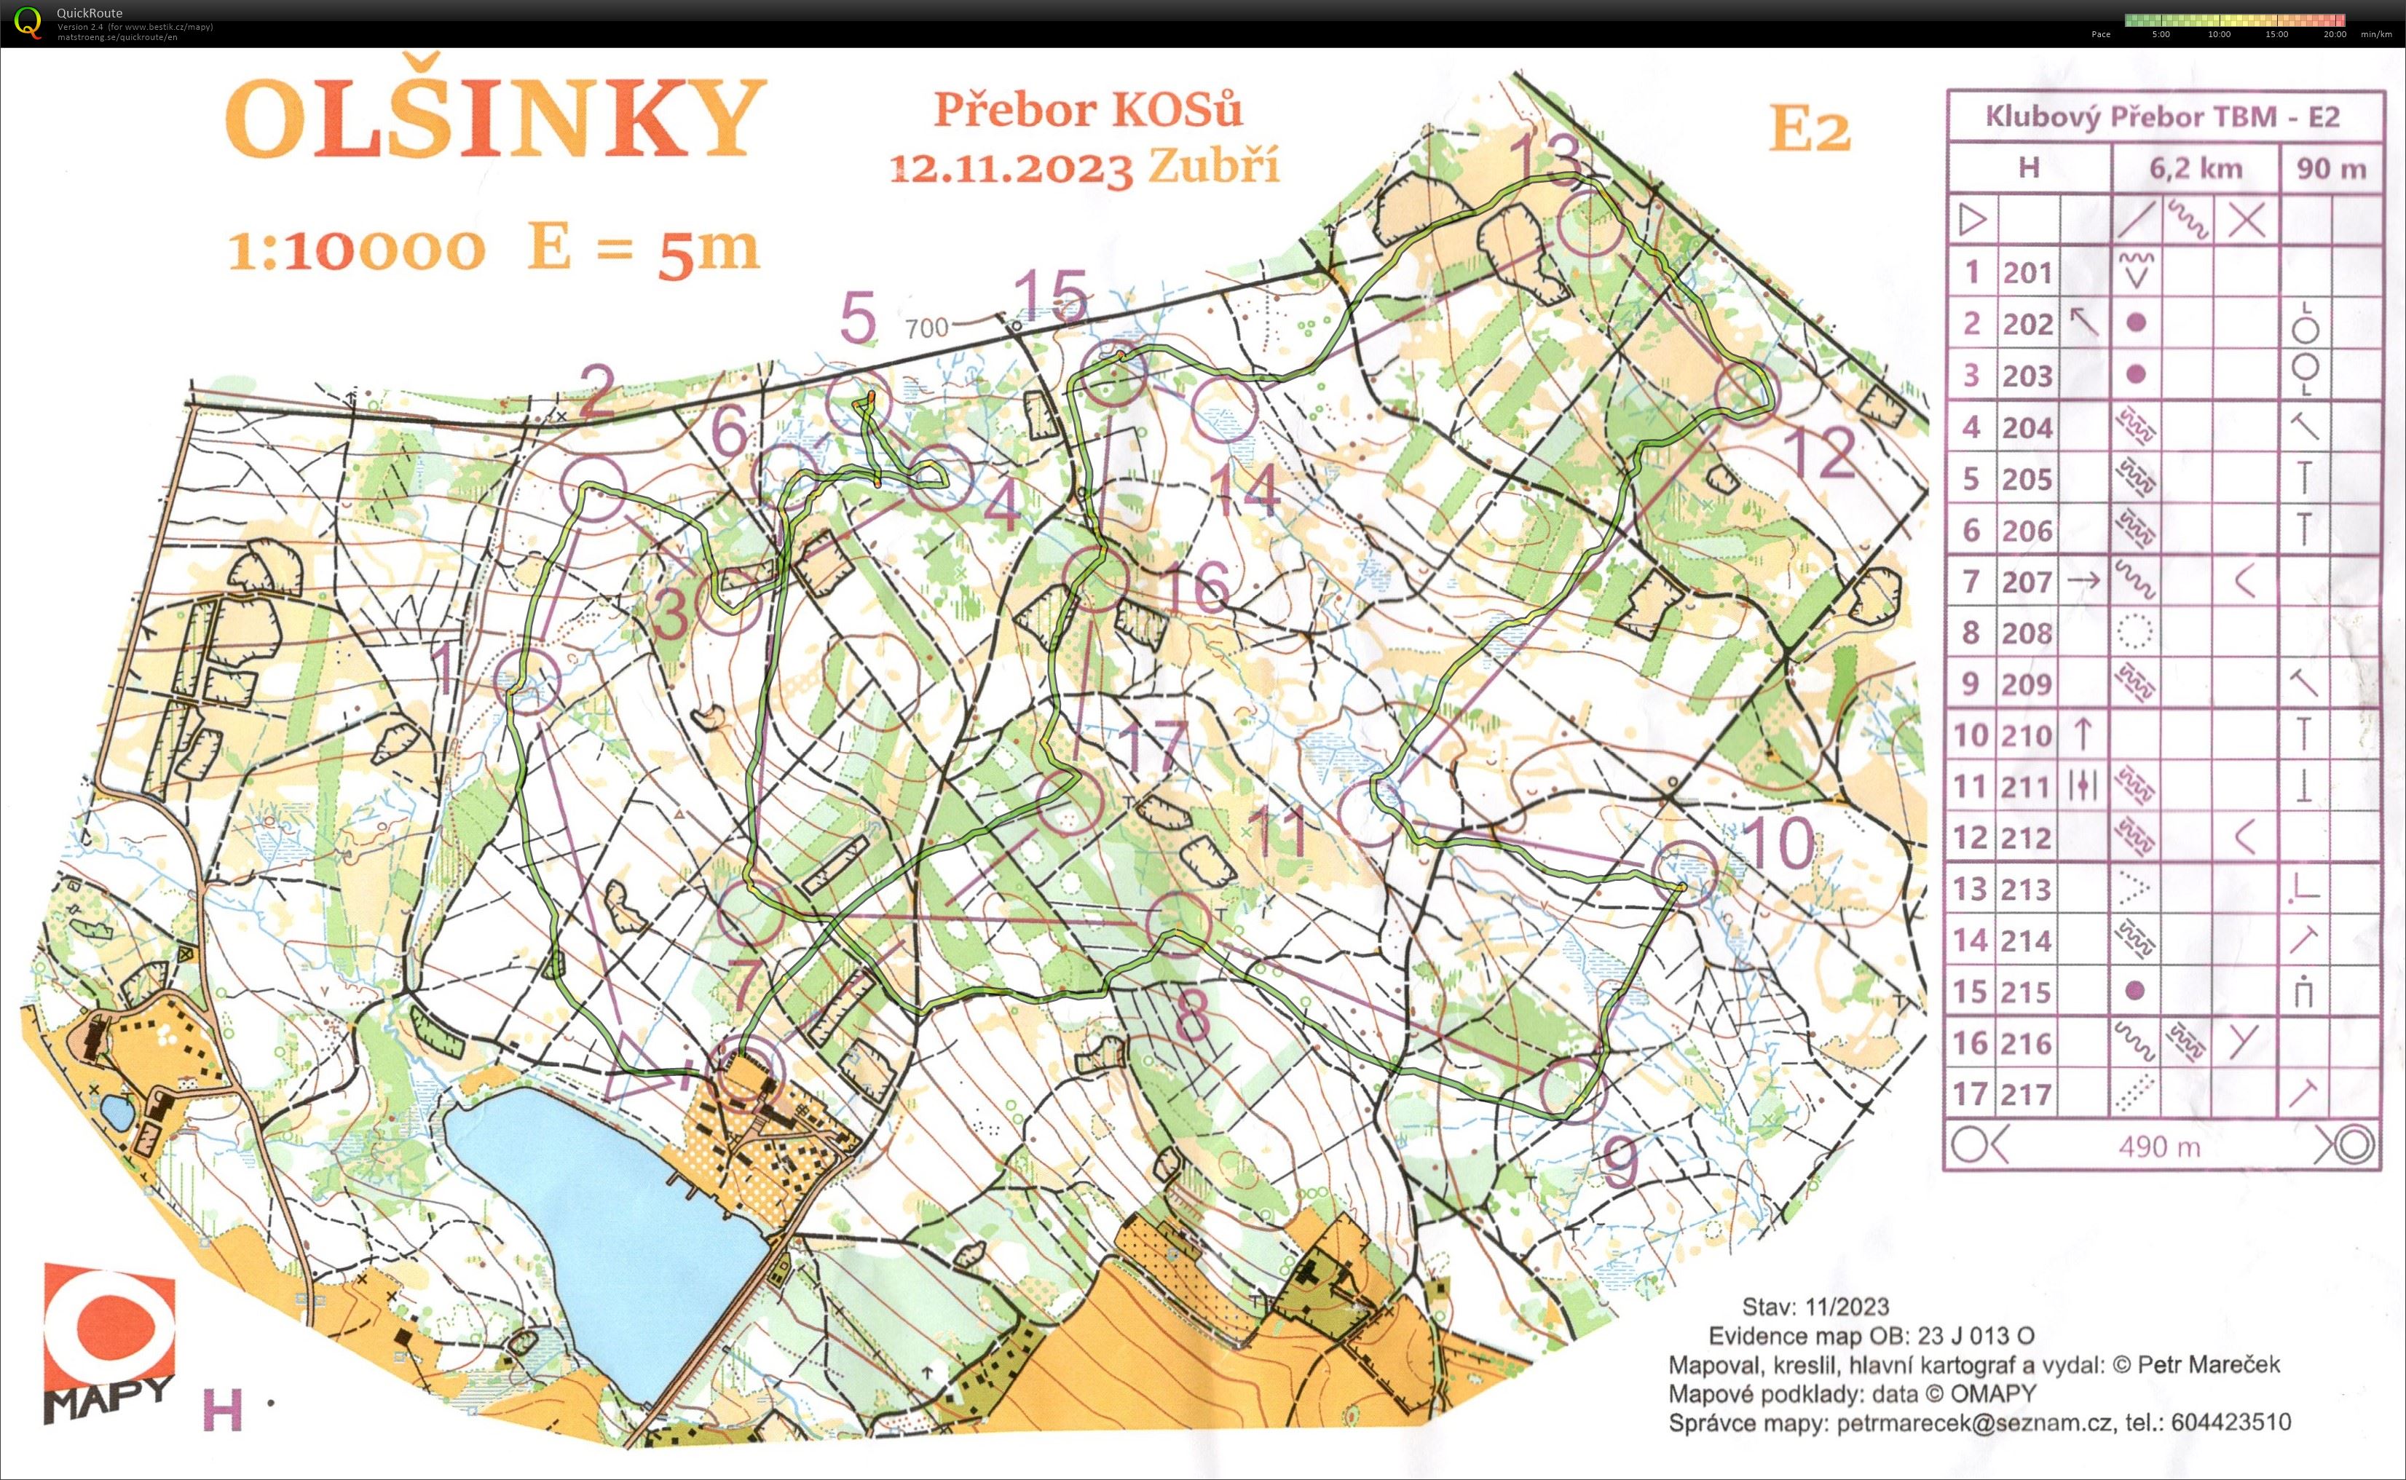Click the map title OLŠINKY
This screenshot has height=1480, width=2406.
pos(494,119)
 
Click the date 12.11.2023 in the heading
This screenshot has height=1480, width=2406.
pos(1010,168)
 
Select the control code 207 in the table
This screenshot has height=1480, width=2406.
pos(2025,582)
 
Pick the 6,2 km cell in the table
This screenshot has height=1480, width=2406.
pos(2195,168)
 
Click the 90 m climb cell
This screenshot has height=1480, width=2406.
pos(2330,168)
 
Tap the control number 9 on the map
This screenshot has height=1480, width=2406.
pos(1620,1163)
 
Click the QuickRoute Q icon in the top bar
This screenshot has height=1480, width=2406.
pos(28,22)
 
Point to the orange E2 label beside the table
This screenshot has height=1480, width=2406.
pos(1809,130)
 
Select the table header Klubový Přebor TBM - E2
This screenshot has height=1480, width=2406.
pos(2161,117)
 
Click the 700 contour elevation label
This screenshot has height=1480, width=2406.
pos(926,328)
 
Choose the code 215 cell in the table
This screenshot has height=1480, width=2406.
pos(2025,992)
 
